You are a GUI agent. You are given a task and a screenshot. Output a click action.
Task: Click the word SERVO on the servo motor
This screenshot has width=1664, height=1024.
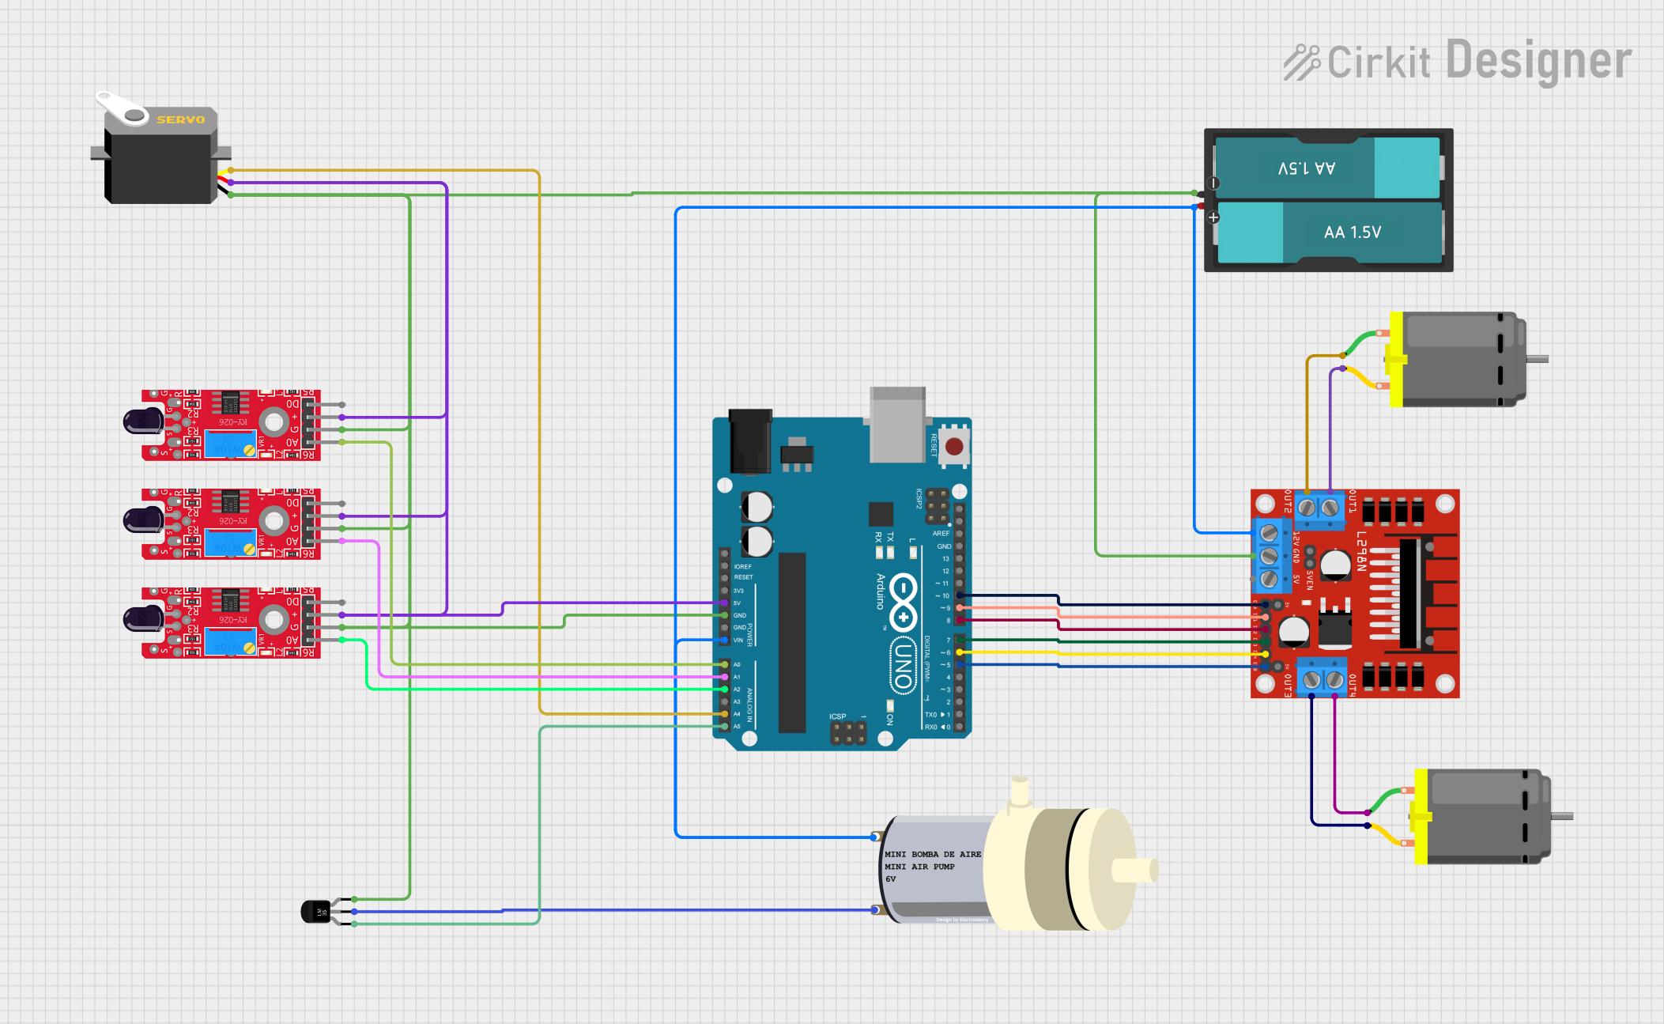pos(180,119)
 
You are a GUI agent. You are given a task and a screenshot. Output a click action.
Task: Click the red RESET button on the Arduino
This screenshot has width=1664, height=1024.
pos(954,447)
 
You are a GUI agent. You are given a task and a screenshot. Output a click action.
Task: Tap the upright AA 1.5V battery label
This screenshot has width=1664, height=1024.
pos(1352,232)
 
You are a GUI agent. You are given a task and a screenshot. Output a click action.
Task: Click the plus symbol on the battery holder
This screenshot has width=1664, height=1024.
pos(1213,217)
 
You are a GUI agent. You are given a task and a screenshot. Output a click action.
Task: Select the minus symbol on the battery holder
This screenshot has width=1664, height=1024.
pos(1214,183)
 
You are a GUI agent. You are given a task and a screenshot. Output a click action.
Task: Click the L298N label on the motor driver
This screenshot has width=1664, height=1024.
pos(1362,550)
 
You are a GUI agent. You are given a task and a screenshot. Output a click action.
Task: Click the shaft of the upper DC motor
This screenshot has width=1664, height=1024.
pos(1537,359)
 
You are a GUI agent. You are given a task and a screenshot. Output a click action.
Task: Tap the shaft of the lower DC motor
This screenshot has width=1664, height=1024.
pos(1562,816)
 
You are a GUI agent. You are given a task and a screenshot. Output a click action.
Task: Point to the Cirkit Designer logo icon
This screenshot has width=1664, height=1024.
pos(1301,62)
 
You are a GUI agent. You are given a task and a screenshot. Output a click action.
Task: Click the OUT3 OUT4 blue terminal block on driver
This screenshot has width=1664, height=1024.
pos(1323,678)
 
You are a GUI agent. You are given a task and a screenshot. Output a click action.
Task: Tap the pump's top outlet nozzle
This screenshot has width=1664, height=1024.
pos(1020,791)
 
